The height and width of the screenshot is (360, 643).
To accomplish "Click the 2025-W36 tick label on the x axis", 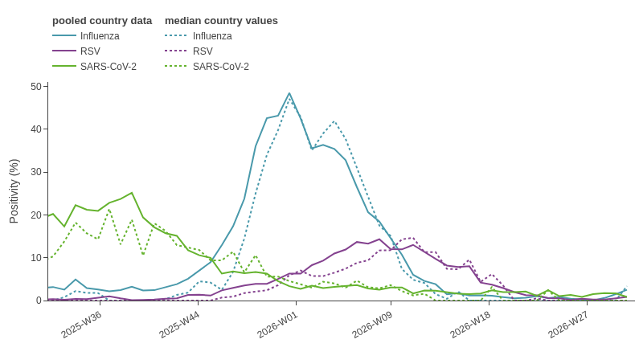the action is coord(81,325).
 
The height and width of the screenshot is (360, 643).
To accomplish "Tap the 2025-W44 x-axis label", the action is coord(179,325).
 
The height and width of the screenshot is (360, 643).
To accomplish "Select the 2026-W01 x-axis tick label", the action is coord(277,325).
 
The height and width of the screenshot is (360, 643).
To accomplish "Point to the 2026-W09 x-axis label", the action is coord(372,325).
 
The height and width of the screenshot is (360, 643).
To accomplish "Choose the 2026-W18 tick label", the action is coord(470,325).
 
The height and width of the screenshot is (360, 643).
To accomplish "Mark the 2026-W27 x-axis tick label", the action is coord(568,325).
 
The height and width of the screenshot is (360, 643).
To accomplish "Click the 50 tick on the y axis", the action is coord(36,87).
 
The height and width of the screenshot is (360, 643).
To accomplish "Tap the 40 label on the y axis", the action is coord(36,129).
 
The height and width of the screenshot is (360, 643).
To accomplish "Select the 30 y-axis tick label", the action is coord(36,172).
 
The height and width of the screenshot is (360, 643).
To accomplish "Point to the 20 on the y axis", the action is coord(36,215).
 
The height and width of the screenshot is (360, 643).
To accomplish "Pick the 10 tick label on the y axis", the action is coord(36,257).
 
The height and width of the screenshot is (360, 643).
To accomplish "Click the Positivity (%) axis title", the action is coord(14,191).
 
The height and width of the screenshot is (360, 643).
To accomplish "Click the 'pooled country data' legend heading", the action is coord(102,21).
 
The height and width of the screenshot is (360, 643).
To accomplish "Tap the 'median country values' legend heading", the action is coord(222,21).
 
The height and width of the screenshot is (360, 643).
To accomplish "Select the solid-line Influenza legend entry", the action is coord(86,36).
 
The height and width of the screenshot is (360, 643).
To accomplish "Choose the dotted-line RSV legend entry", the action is coord(189,51).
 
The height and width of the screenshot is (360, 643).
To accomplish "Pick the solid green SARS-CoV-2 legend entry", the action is coord(94,67).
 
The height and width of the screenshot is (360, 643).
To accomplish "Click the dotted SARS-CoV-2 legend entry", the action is coord(207,67).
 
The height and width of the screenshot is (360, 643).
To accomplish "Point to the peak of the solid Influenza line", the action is coord(289,93).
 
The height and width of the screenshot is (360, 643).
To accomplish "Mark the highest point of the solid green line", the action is coord(132,193).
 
